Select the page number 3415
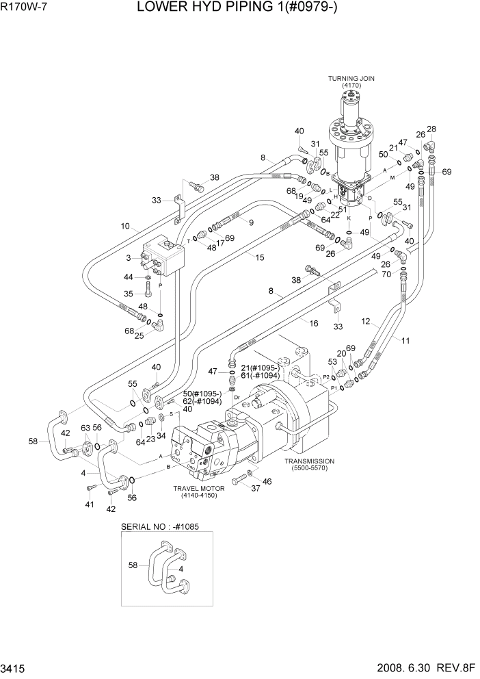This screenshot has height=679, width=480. pos(15,668)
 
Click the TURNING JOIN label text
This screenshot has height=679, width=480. pos(351,79)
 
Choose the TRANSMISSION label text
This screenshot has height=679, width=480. pos(309,461)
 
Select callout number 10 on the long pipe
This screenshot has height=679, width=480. pos(125,226)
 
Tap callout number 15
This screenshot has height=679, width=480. pos(259,257)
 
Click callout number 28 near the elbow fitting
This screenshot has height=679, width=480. pos(431,129)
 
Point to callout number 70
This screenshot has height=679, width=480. pos(386,274)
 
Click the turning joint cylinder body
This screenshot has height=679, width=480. pos(354,151)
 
